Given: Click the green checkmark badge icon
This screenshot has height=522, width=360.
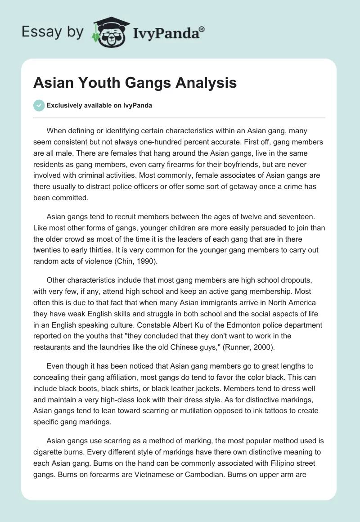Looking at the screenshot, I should click(39, 105).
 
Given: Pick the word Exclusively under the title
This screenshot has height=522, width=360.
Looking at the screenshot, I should click(63, 105).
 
